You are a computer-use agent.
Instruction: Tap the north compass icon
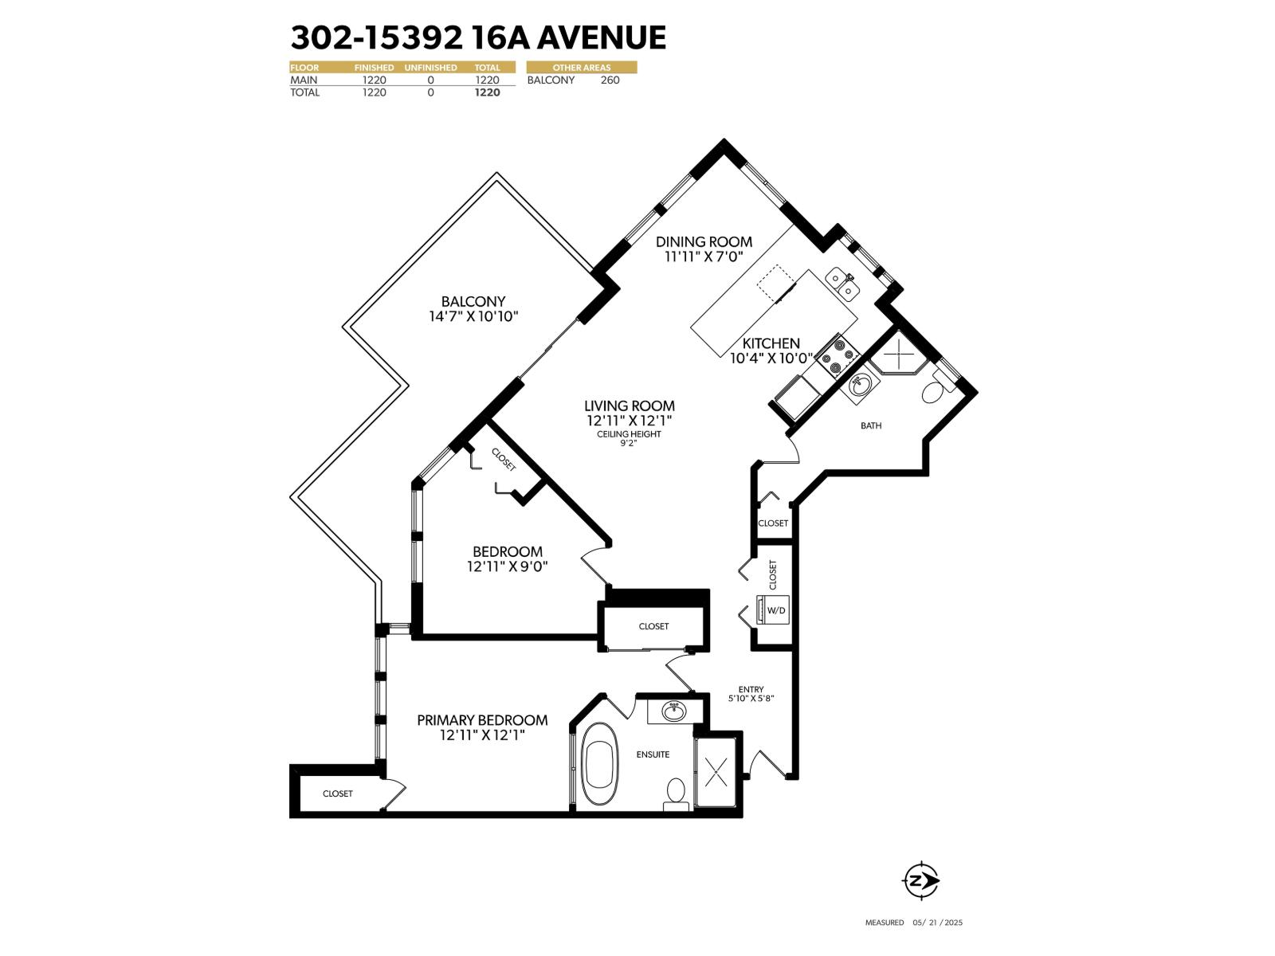click(920, 880)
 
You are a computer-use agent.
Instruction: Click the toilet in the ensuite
click(676, 792)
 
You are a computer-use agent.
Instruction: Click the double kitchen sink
click(842, 284)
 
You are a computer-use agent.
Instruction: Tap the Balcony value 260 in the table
click(610, 80)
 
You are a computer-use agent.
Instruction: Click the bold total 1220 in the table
click(487, 92)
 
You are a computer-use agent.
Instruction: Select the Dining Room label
click(704, 241)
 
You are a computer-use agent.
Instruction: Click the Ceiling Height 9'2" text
click(629, 439)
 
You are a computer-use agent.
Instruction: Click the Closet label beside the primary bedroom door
click(653, 626)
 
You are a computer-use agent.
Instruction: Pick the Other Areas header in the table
click(581, 68)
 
